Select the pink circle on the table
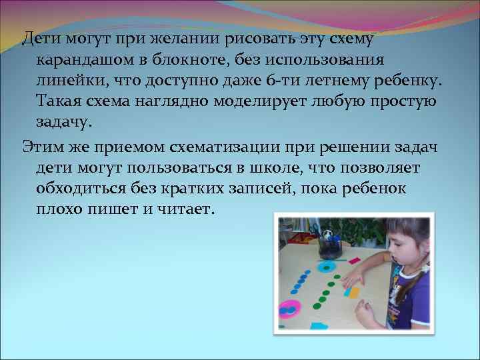[289, 309]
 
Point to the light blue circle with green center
[326, 268]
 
